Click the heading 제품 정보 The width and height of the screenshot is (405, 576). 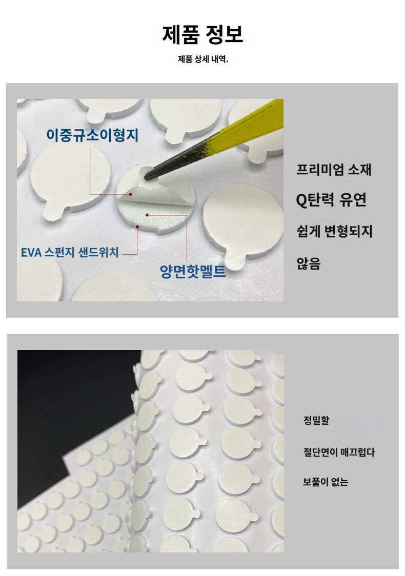[202, 35]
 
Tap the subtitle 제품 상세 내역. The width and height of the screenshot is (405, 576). [203, 59]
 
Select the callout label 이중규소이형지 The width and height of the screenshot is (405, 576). [92, 135]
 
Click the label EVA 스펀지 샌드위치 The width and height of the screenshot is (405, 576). [70, 252]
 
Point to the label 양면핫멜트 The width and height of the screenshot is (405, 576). [193, 271]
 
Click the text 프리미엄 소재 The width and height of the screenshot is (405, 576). [334, 170]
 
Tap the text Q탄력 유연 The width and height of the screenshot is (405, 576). [331, 200]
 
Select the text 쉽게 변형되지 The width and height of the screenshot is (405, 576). [334, 232]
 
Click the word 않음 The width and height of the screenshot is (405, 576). [308, 263]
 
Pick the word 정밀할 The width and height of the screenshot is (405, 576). [316, 420]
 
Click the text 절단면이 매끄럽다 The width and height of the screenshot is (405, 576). [339, 452]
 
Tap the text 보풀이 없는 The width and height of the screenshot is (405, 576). [325, 482]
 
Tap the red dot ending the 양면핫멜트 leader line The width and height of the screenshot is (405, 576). [147, 215]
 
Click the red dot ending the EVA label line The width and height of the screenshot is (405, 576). [137, 227]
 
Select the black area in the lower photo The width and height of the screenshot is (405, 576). [73, 404]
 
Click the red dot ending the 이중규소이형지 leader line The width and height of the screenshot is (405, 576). [130, 194]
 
